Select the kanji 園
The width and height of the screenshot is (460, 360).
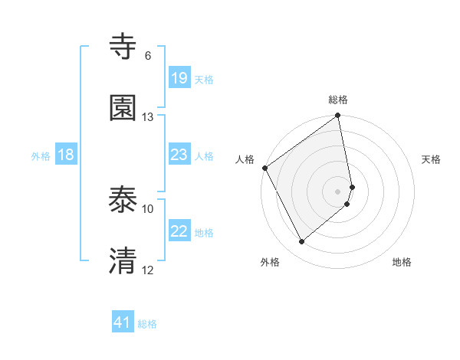tap(124, 108)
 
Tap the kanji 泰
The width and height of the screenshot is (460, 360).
tap(124, 201)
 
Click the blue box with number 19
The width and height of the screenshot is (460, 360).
tap(179, 78)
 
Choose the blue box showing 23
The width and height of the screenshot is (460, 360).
tap(179, 155)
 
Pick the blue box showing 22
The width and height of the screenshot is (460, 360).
tap(179, 231)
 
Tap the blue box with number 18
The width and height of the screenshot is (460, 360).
tap(66, 155)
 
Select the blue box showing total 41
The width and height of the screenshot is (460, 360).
tap(123, 323)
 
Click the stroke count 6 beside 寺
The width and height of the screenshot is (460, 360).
tap(148, 56)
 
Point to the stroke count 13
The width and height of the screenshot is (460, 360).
tap(148, 117)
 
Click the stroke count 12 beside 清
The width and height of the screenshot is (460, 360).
tap(148, 270)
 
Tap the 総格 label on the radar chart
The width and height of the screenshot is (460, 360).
tap(338, 100)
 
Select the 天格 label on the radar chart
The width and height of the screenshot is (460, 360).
tap(432, 159)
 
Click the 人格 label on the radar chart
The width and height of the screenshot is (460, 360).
tap(245, 159)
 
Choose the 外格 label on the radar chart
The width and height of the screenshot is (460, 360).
tap(270, 262)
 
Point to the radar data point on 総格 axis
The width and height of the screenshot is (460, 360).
tap(338, 116)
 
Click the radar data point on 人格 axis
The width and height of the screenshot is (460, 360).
tap(264, 168)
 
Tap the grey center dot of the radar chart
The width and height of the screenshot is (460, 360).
tap(338, 191)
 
